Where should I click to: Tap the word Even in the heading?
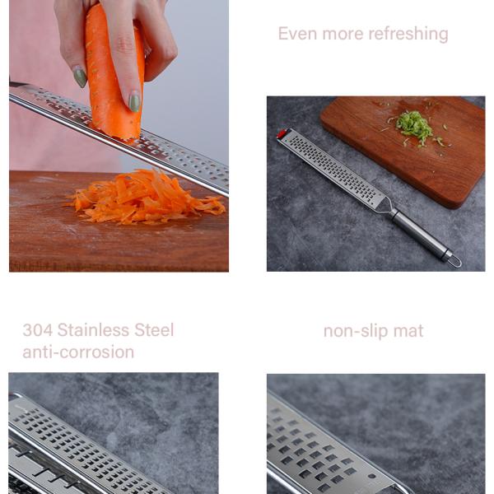pos(297,34)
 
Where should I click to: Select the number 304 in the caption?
pos(38,330)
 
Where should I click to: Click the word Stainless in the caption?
pos(93,330)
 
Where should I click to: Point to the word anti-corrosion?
pos(78,352)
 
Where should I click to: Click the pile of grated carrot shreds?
pos(146,197)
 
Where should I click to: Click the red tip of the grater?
pos(282,133)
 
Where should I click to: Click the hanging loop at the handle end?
pos(453,260)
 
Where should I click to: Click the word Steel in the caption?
pos(154,330)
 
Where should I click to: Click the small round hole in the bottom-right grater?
pos(372,477)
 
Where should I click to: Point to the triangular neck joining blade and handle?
pos(384,205)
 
